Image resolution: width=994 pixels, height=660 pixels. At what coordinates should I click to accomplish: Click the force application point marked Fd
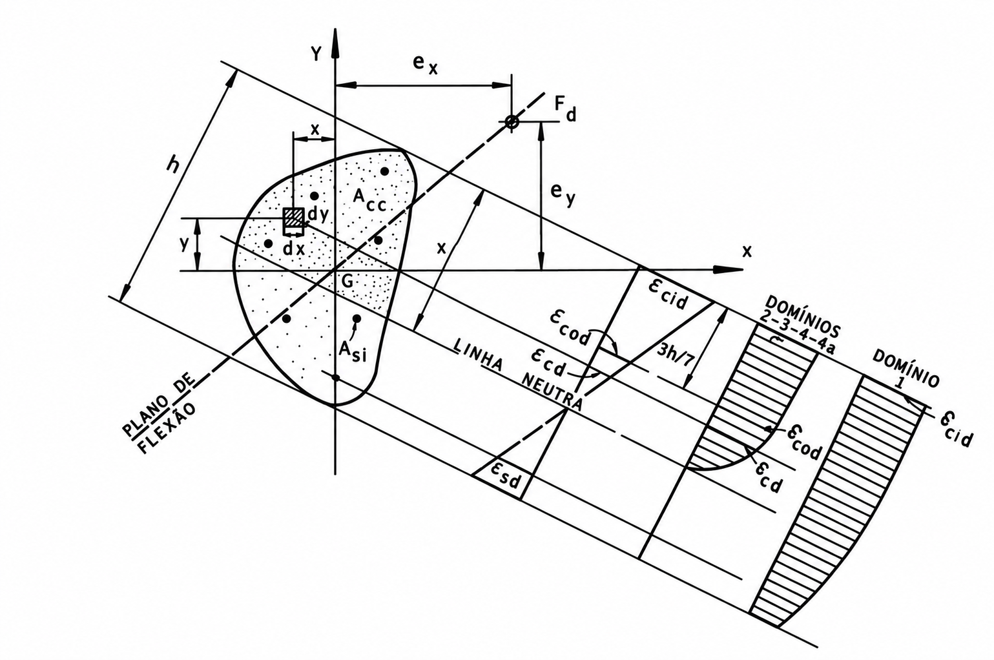(512, 121)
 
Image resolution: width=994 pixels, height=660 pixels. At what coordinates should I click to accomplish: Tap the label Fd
(565, 109)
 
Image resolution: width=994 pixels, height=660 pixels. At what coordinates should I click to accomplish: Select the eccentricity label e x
(425, 65)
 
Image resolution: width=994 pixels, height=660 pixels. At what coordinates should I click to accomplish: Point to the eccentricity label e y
(563, 193)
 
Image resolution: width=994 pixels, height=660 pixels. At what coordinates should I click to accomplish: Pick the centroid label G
(347, 282)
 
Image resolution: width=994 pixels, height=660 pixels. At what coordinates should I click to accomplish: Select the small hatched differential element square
(293, 218)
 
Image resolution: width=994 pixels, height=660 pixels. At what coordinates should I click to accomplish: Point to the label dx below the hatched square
(295, 249)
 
